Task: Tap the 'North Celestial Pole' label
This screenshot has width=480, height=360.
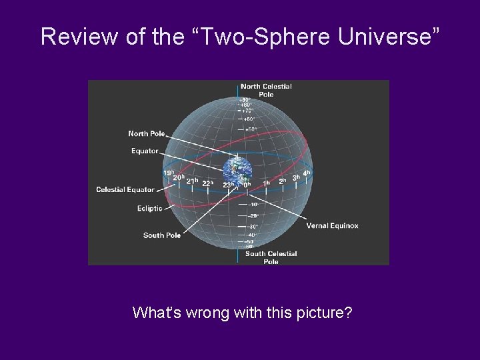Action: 266,90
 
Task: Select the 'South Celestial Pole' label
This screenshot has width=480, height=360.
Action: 271,257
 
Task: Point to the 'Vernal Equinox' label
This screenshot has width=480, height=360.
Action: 332,226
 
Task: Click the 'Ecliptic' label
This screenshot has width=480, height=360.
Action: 149,209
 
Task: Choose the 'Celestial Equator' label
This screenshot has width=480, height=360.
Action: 125,190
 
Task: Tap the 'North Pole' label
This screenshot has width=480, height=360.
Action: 147,134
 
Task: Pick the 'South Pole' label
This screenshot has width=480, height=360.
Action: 162,235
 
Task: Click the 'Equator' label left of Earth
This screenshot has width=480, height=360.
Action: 145,151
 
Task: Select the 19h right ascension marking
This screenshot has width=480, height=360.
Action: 169,173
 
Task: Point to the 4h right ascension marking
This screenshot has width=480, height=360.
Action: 307,173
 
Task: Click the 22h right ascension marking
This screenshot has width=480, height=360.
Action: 208,183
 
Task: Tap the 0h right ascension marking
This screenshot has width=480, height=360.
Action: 247,185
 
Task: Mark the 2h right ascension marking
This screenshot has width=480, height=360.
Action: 283,181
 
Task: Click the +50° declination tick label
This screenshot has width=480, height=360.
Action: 250,129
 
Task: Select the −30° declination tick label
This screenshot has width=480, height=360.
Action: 253,226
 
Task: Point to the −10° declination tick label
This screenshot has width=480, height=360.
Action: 253,205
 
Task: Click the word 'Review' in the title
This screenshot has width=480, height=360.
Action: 80,37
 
